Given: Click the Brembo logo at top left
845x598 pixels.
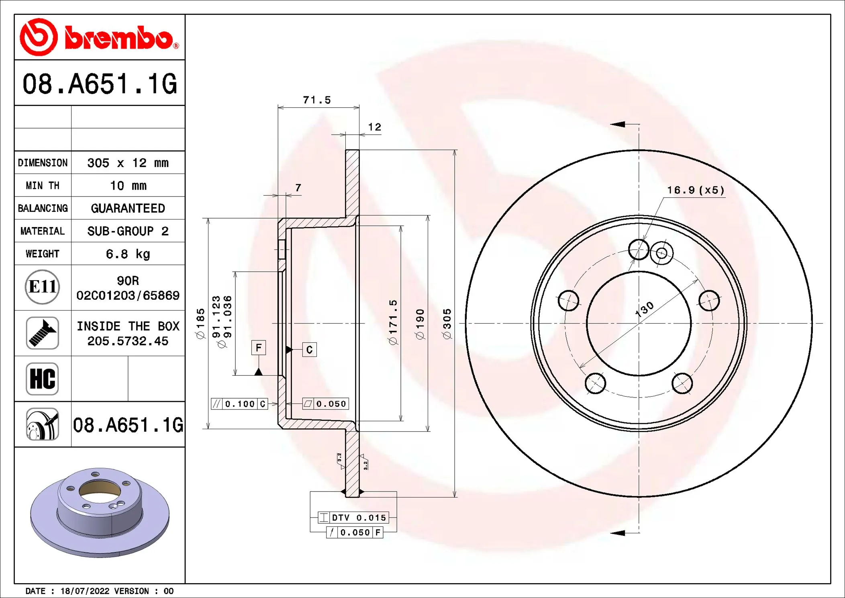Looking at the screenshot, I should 99,37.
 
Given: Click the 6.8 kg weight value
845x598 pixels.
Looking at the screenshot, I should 128,254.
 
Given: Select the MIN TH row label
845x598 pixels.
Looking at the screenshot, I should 43,186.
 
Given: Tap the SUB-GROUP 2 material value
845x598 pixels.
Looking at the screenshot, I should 128,231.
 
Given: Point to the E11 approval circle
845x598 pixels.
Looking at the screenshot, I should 42,287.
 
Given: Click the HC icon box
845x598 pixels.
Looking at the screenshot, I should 42,379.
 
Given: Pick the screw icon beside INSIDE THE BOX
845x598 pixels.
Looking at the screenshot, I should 42,333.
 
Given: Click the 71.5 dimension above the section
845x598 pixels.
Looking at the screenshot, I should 316,100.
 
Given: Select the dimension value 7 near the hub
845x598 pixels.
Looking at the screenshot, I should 298,188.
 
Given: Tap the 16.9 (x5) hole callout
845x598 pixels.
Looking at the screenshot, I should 696,190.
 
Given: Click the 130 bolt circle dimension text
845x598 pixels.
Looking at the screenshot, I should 644,309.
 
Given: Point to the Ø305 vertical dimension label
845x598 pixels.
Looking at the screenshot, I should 447,324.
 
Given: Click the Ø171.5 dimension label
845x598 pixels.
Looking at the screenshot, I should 393,322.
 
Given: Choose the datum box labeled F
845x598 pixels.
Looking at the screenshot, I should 258,348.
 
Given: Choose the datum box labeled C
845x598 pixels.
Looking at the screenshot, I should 309,350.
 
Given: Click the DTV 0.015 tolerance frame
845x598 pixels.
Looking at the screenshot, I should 353,518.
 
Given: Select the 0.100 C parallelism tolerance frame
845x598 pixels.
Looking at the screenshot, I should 239,404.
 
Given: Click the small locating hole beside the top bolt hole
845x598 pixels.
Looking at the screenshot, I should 661,253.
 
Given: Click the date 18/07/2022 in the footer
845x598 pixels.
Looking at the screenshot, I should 85,591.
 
